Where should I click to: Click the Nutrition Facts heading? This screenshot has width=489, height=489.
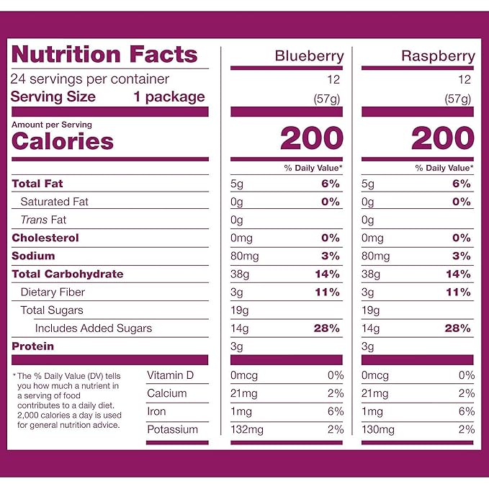click(104, 55)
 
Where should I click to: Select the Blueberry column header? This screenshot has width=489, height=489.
click(309, 56)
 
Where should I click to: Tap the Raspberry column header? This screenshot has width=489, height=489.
click(438, 56)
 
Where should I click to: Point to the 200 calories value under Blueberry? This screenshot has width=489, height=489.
click(311, 138)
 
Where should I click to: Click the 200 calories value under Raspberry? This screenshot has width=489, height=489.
click(442, 138)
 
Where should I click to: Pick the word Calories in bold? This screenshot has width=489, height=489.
click(63, 141)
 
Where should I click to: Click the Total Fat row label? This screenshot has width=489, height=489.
click(37, 184)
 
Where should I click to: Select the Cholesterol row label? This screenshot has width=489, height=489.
click(45, 238)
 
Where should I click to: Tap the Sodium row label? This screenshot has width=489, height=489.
click(33, 256)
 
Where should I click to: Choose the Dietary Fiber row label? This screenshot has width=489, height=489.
click(53, 292)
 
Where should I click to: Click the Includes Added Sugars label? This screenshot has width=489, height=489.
click(94, 328)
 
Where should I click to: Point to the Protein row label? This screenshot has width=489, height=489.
click(33, 346)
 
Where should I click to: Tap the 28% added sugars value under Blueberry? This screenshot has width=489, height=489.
click(326, 328)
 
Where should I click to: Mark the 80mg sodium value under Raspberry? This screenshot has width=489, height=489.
click(377, 256)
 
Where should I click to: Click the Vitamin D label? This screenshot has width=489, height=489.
click(170, 375)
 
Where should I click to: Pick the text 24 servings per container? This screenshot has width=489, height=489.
click(90, 79)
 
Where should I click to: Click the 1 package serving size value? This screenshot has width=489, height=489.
click(169, 97)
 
